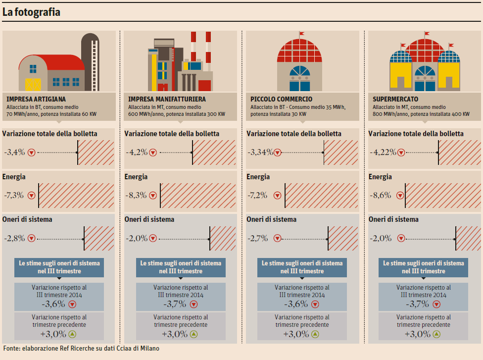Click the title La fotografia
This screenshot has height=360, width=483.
pos(32,12)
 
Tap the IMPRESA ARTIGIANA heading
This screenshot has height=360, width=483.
pos(36,99)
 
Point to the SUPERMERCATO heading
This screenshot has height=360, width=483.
pos(395,99)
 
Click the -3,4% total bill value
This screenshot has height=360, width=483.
pos(14,152)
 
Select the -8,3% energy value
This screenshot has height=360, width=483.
pos(137,195)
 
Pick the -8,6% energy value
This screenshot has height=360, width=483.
pos(381,195)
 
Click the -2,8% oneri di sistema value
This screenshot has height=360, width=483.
pos(14,238)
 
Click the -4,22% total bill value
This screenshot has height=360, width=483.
pos(382,152)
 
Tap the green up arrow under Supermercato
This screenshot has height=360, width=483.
pos(436,334)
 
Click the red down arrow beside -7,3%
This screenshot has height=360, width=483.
pos(32,195)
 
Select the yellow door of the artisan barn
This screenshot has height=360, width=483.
pos(33,82)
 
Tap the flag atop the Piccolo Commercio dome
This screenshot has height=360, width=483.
pos(301,35)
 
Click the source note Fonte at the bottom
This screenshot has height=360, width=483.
pos(81,348)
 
